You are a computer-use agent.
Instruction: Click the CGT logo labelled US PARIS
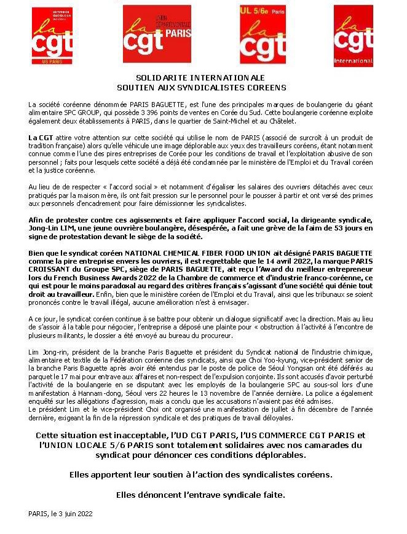coord(52,36)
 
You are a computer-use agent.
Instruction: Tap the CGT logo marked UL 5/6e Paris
coord(263,35)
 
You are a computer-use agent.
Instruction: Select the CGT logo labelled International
coord(353,36)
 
